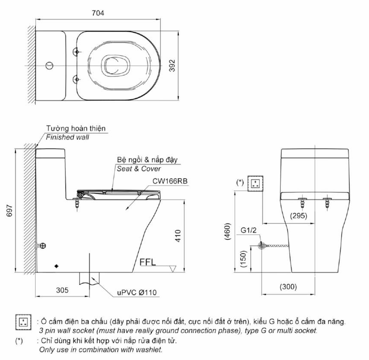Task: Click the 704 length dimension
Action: coord(98,13)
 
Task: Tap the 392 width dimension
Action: coord(172,65)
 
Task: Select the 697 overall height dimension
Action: coord(9,211)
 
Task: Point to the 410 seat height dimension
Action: coord(178,236)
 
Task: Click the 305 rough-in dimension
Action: coord(62,290)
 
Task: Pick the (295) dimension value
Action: coord(298,216)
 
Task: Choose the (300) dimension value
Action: coord(288,287)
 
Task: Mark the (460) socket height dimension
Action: coord(228,231)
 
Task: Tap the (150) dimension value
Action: coord(243,259)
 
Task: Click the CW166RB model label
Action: coord(170,181)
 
